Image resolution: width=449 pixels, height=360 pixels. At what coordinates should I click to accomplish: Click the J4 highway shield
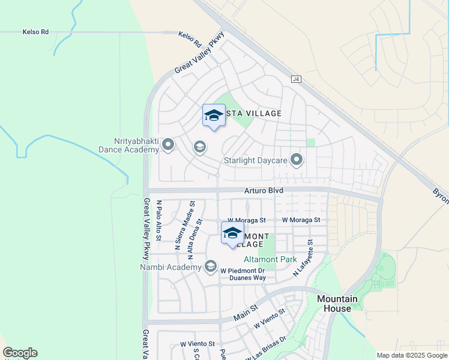[296, 79]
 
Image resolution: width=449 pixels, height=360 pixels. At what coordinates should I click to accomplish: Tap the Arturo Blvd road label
[264, 190]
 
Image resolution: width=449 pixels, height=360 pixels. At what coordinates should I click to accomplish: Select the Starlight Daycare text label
[256, 160]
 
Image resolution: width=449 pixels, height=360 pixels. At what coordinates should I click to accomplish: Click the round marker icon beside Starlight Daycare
[296, 159]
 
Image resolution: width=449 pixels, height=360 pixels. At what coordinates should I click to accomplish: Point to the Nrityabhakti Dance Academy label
[130, 145]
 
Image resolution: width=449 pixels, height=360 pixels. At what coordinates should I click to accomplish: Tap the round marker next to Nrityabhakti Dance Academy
[168, 145]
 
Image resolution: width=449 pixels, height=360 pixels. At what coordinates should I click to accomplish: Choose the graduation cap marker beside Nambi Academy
[210, 266]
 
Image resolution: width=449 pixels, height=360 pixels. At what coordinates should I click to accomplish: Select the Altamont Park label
[270, 260]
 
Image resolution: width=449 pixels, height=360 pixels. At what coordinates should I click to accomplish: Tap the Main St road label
[245, 310]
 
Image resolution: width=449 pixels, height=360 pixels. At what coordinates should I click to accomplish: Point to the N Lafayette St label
[303, 259]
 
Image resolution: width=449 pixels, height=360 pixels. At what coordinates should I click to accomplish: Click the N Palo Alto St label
[159, 221]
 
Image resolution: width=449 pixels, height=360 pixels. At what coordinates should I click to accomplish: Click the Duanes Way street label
[251, 278]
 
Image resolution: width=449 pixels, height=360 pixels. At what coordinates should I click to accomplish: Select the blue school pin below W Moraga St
[232, 233]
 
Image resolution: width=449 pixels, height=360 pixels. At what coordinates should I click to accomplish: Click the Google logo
[20, 353]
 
